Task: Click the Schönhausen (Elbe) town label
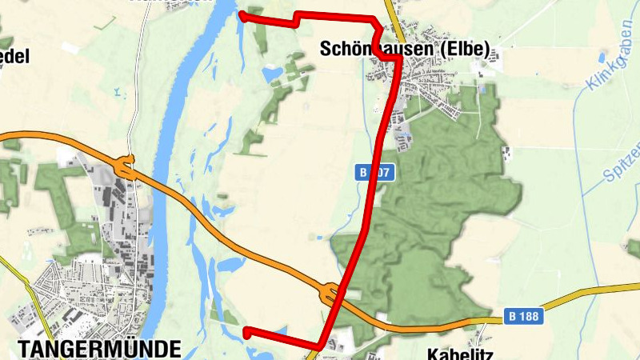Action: point(404,49)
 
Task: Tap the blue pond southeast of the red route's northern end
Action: point(272,74)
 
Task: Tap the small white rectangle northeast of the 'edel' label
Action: point(70,47)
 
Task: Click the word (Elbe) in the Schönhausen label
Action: point(468,49)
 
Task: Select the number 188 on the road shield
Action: point(530,317)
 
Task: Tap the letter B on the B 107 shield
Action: point(363,172)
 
